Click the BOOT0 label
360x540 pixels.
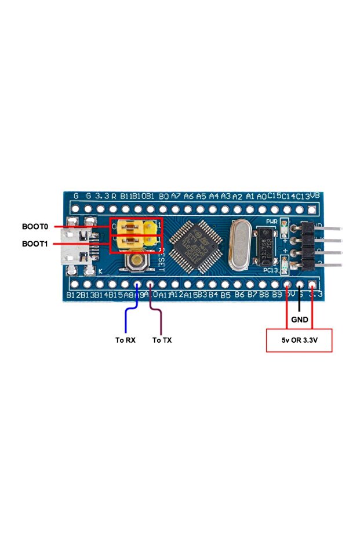(35, 226)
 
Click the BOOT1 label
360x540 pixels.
(35, 244)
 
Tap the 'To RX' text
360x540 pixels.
(125, 340)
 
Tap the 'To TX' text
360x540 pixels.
(162, 340)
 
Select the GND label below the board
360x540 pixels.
(300, 320)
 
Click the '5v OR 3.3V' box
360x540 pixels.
(299, 340)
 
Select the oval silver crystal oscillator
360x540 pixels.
(239, 247)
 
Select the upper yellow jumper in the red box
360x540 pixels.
(133, 227)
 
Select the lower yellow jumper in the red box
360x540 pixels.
(133, 244)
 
